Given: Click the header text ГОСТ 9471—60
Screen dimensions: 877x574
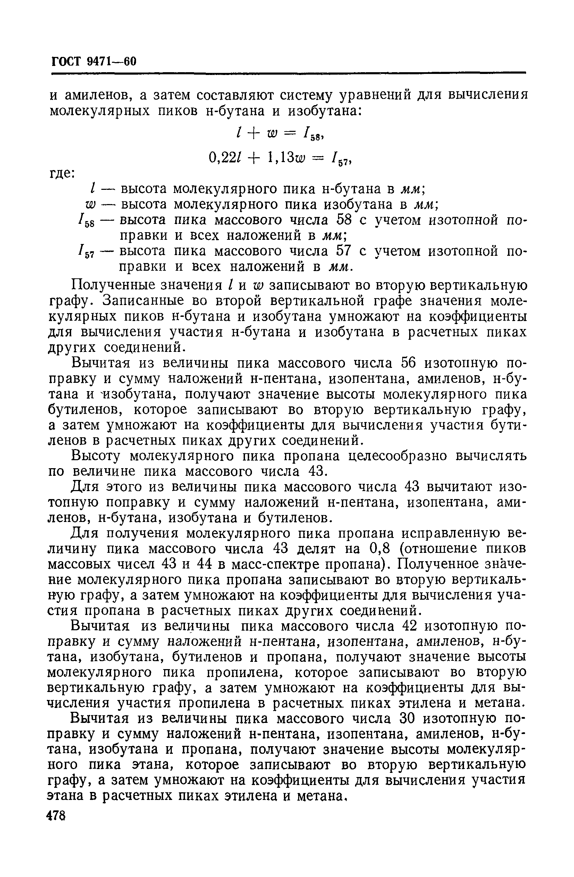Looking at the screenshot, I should click(94, 61).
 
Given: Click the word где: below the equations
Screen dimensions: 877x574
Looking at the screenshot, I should click(62, 173).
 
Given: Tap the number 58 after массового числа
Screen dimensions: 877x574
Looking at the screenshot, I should click(345, 220).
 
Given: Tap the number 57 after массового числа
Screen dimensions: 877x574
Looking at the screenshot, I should click(345, 251).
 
